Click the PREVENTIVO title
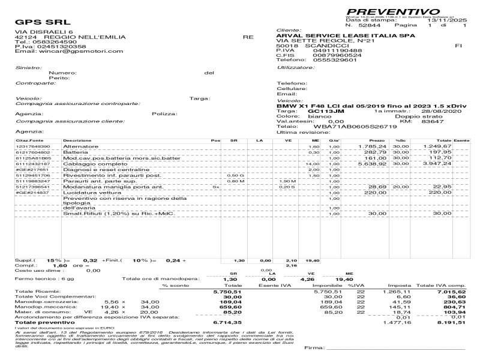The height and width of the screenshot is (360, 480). click(x=393, y=11)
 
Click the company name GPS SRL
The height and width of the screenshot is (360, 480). click(x=40, y=23)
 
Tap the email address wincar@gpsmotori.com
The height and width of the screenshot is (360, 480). click(x=77, y=51)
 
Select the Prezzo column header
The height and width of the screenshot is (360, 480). click(x=377, y=140)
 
